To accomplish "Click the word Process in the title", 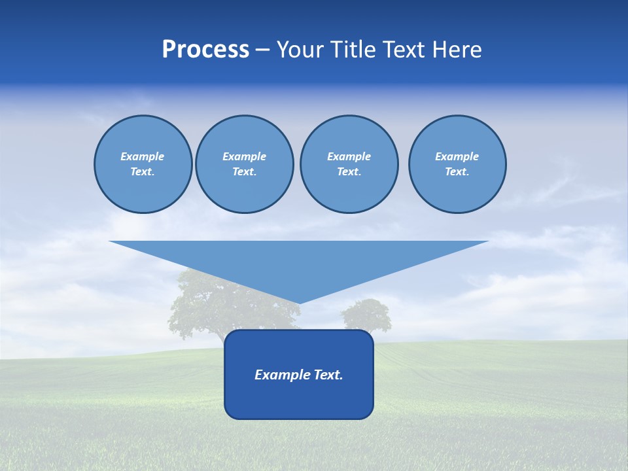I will pyautogui.click(x=205, y=50).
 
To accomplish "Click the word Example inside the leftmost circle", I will pyautogui.click(x=143, y=156).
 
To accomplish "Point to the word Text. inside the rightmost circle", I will pyautogui.click(x=457, y=171).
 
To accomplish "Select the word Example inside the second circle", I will pyautogui.click(x=245, y=156).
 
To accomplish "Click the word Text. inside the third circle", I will pyautogui.click(x=349, y=171).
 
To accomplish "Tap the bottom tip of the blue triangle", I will pyautogui.click(x=299, y=302).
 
